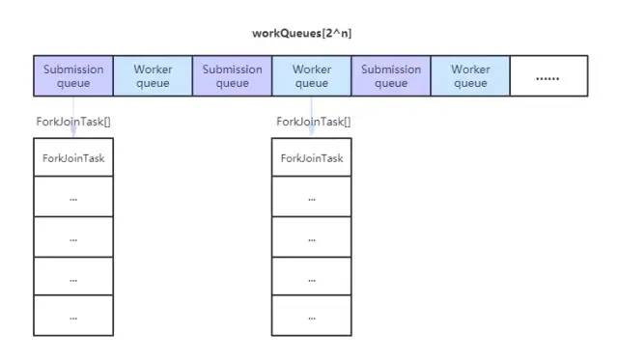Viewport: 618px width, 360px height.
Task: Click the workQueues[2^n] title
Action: pyautogui.click(x=309, y=34)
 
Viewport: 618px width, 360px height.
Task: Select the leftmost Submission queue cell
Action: pyautogui.click(x=73, y=75)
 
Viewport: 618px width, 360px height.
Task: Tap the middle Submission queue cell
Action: pyautogui.click(x=232, y=75)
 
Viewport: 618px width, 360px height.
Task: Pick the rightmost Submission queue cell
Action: pyautogui.click(x=391, y=75)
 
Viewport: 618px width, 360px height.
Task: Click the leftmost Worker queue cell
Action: pyautogui.click(x=153, y=75)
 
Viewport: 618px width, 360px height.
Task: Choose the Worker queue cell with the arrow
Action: pyautogui.click(x=311, y=75)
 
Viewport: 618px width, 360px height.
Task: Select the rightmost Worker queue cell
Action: pyautogui.click(x=470, y=75)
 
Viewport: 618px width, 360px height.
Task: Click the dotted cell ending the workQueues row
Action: pyautogui.click(x=548, y=75)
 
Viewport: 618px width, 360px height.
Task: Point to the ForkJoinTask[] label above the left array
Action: pyautogui.click(x=73, y=122)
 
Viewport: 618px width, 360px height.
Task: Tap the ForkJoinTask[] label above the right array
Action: pyautogui.click(x=312, y=122)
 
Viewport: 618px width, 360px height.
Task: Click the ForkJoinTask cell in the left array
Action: pyautogui.click(x=73, y=157)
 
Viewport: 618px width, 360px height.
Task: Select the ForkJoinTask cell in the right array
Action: pyautogui.click(x=311, y=157)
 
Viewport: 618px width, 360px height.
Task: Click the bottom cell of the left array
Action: pyautogui.click(x=73, y=316)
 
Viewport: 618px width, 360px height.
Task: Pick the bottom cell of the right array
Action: pyautogui.click(x=311, y=316)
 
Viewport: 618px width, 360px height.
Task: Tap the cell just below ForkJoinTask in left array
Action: pyautogui.click(x=73, y=197)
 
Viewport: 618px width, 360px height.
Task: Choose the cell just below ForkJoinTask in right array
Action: pyautogui.click(x=311, y=197)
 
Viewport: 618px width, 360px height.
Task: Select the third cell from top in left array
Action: pyautogui.click(x=73, y=236)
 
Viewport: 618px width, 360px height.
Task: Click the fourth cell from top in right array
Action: pyautogui.click(x=311, y=276)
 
